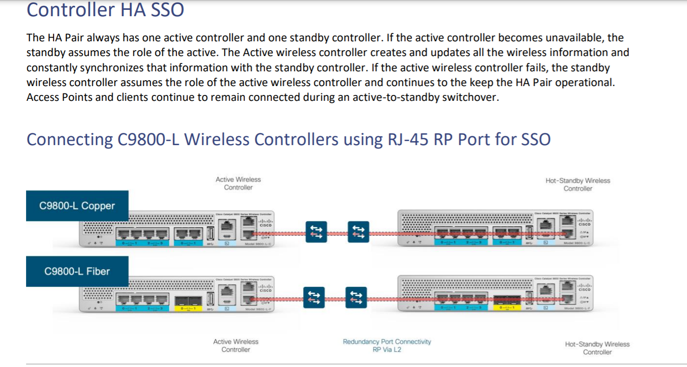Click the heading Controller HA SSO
[105, 10]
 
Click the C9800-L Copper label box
[77, 206]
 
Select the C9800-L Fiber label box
[77, 271]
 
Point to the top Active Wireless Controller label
[238, 183]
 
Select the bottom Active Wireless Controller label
[236, 345]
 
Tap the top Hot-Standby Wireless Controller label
[578, 184]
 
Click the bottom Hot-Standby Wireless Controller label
[597, 348]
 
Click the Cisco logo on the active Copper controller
[266, 224]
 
